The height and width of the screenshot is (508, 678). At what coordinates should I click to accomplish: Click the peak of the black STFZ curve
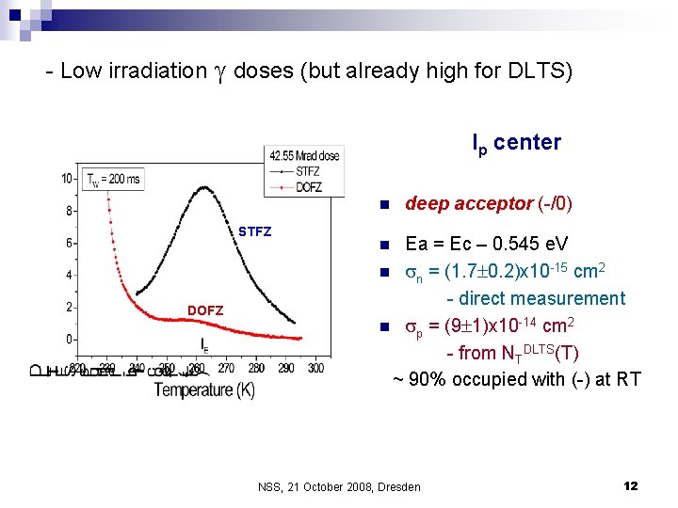coord(204,188)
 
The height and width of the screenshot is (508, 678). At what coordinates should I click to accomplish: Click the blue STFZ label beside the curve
coord(254,231)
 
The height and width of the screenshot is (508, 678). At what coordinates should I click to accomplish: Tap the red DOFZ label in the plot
coord(205,310)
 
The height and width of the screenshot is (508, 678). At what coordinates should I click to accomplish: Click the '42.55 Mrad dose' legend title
coord(304,156)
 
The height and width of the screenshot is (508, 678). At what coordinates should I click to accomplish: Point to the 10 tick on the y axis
coord(67,179)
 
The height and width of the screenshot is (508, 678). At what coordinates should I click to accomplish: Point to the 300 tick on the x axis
coord(315,368)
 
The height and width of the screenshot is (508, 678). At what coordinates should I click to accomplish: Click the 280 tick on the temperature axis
coord(256,368)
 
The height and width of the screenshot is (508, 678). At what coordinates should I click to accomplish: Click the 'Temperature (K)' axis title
coord(204,389)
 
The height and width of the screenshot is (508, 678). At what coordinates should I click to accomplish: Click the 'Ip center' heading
coord(516,143)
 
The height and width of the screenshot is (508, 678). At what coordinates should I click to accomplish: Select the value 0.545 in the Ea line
coord(516,245)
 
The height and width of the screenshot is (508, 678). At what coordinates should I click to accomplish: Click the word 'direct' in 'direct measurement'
coord(484,299)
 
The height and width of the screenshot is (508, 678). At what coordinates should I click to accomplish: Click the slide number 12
coord(630,485)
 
